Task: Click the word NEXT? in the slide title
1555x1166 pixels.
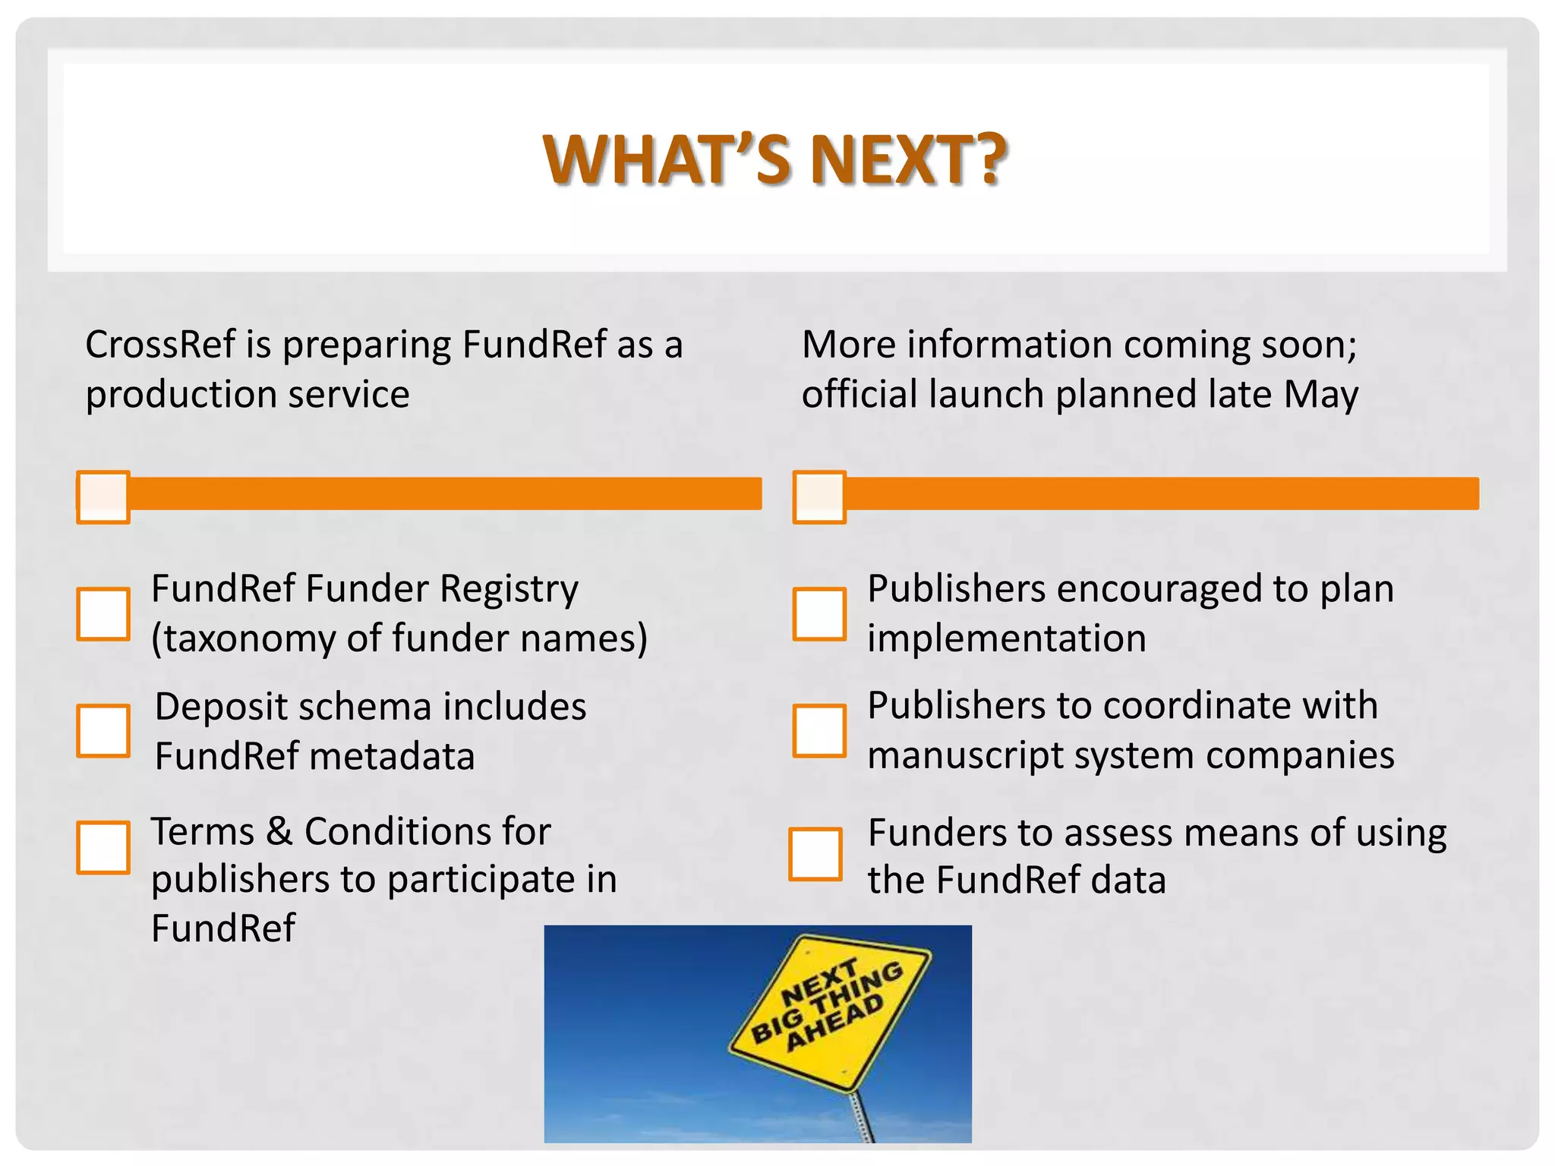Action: point(908,159)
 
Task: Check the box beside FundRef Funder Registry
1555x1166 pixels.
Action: point(103,613)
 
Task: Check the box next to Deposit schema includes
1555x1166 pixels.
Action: point(103,730)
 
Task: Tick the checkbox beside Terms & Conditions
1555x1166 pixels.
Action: point(103,847)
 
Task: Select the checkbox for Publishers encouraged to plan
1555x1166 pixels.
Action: point(819,613)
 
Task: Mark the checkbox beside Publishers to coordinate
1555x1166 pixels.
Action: point(819,730)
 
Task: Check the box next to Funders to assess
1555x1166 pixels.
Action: point(815,854)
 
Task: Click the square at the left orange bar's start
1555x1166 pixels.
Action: point(103,497)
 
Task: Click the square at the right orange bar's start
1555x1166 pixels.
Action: point(819,497)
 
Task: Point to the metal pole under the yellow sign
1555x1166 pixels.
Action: point(863,1116)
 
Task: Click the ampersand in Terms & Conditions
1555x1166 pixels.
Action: point(279,831)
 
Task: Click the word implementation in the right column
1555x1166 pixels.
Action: point(1007,638)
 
